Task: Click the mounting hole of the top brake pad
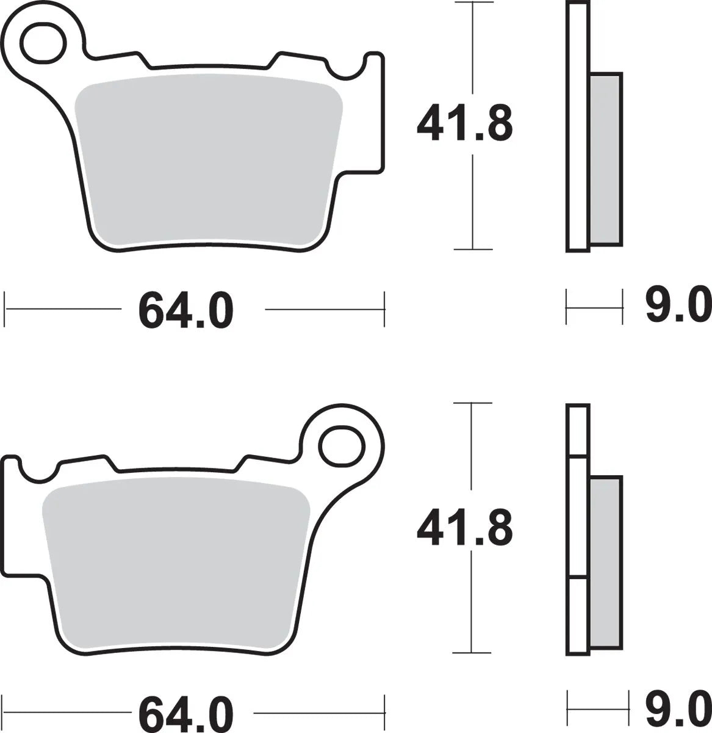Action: (43, 42)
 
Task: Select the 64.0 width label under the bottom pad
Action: (186, 713)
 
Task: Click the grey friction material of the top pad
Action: (207, 159)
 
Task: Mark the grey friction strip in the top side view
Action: (606, 159)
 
